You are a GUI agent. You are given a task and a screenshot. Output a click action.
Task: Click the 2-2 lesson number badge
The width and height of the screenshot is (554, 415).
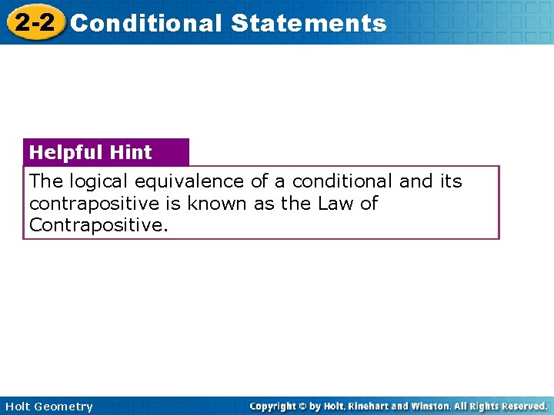tap(34, 22)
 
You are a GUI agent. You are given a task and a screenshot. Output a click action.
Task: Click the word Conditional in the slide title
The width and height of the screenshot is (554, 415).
tap(145, 23)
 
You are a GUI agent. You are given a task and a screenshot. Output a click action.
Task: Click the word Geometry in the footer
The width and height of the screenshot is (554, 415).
tap(65, 407)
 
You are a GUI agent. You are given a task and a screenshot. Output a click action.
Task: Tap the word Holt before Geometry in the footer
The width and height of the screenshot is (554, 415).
tap(18, 407)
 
